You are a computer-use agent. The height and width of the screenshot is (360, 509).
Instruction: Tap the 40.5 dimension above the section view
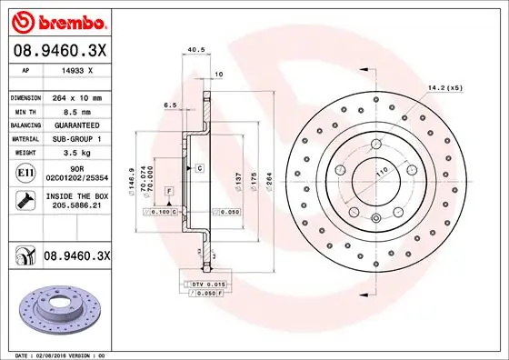point(193,51)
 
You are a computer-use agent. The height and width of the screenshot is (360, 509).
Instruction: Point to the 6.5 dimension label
point(169,105)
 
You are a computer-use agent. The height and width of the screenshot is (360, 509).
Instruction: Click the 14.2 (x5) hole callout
point(444,87)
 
